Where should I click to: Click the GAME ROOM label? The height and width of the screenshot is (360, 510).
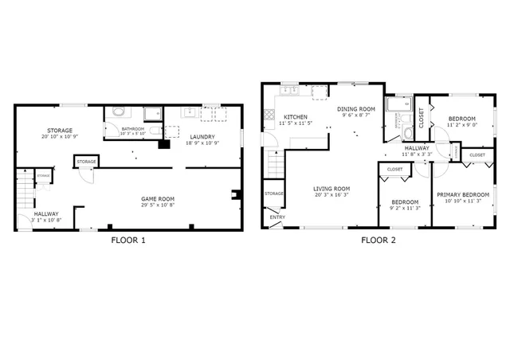(x=159, y=199)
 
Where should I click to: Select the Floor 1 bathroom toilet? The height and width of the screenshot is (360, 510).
(x=117, y=112)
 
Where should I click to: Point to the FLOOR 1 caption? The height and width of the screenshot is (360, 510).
(x=127, y=240)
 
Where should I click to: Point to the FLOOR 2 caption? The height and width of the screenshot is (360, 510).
(x=378, y=240)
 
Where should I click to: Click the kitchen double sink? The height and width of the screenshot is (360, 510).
(x=288, y=91)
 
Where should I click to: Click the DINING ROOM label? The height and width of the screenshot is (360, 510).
(x=355, y=108)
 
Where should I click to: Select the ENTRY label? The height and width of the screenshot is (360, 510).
(x=277, y=217)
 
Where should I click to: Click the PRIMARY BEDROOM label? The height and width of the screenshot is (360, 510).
(x=462, y=195)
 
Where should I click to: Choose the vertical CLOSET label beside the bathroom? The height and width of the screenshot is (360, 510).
(x=422, y=117)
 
